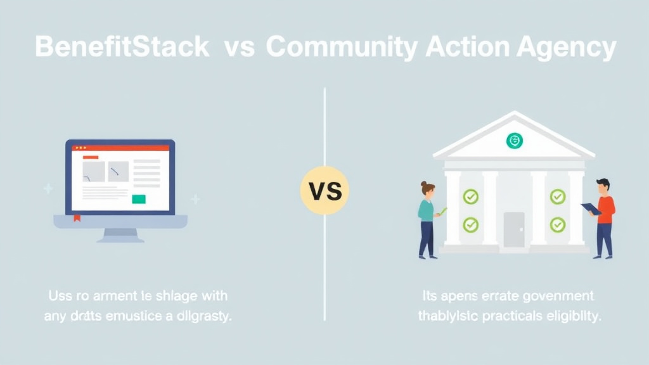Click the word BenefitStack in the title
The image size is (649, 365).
coord(122,48)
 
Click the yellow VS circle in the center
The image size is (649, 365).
coord(324,190)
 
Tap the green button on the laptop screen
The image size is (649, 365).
coord(138,199)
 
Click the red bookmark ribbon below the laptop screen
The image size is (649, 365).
coord(77,219)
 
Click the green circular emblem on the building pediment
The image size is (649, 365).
coord(515,141)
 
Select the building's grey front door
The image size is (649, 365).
coord(514,229)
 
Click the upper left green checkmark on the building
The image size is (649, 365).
coord(470,197)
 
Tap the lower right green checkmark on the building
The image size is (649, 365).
coord(557,224)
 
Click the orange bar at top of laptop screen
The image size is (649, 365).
coord(91,156)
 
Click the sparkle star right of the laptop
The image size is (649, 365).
coord(195,200)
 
